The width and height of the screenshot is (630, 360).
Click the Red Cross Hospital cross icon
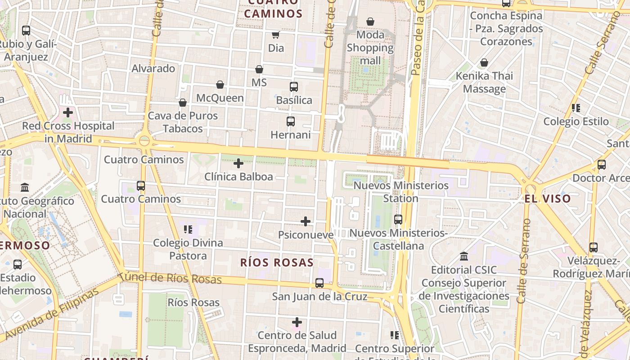coord(68,112)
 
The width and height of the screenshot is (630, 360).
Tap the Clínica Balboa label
coord(238,176)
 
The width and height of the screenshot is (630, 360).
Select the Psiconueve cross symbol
coord(306,221)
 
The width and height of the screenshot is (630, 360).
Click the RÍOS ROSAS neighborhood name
coord(277,263)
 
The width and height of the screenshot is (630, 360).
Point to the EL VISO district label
coord(547,198)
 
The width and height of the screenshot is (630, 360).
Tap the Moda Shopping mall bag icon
coord(370,22)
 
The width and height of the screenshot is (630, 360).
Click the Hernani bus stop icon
coord(291,121)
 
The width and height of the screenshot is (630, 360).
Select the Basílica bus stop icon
coord(294,87)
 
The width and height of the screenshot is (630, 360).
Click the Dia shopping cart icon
coord(275,35)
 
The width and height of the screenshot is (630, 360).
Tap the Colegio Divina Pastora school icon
coord(188,229)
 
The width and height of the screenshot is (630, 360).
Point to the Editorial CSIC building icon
coord(464,256)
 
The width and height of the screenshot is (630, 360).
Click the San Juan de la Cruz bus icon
coord(319,283)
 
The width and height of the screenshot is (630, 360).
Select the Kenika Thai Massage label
coord(484,82)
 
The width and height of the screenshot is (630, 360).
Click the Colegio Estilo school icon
coord(576,108)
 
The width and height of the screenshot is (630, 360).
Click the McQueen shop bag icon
coord(220,85)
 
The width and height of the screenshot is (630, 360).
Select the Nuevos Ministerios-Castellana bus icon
coord(398,220)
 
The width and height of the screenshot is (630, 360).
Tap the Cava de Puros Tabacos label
coord(183,122)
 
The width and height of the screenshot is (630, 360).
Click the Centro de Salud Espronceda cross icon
coord(297,322)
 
